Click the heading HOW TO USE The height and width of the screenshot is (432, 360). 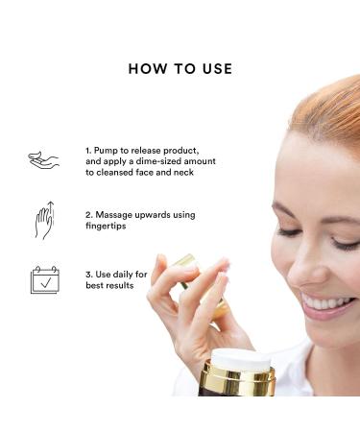point(180,69)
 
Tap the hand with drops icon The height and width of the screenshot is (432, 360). point(44,160)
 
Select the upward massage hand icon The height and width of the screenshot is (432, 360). point(44,221)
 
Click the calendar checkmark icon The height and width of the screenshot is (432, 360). point(44,279)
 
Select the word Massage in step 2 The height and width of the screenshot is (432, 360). point(117,215)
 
